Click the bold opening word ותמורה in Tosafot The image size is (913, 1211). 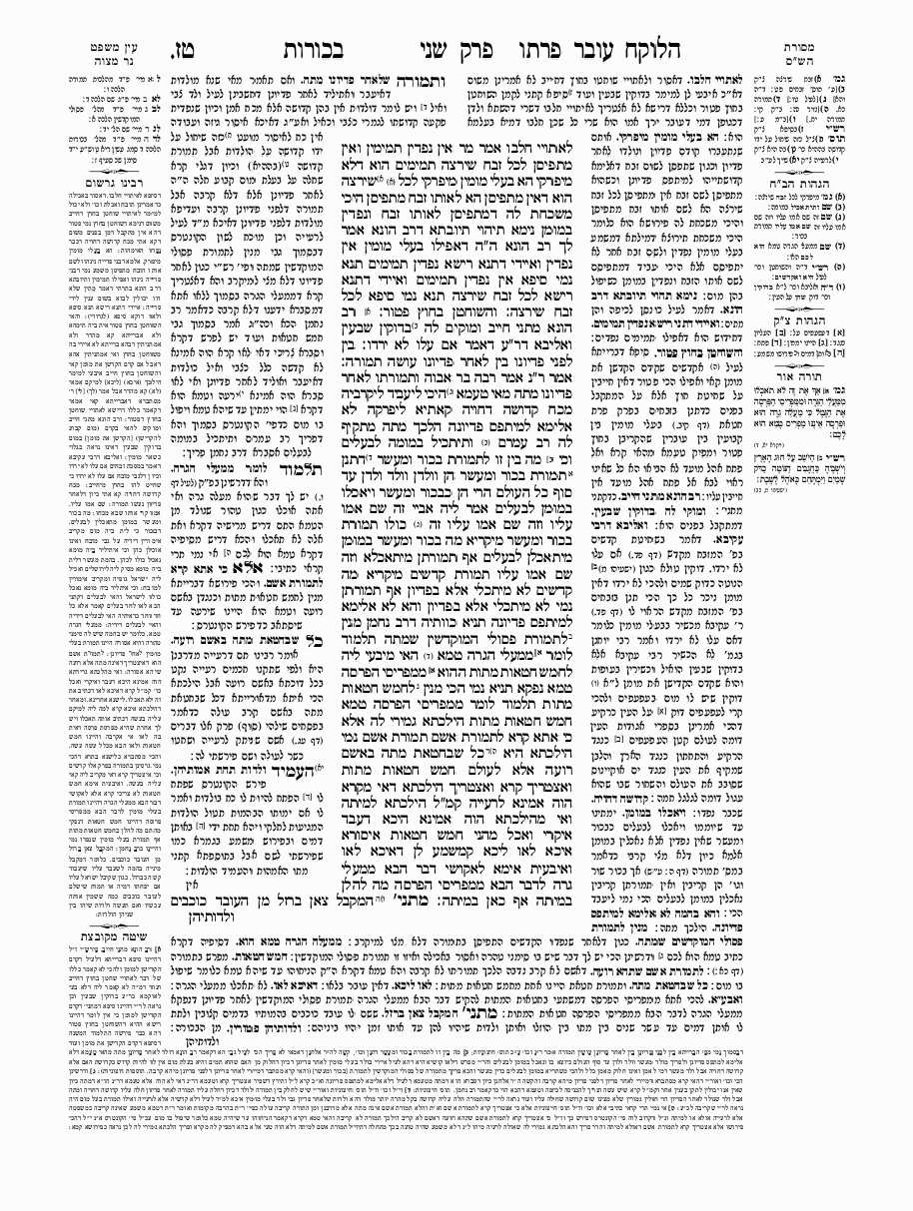coord(429,78)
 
